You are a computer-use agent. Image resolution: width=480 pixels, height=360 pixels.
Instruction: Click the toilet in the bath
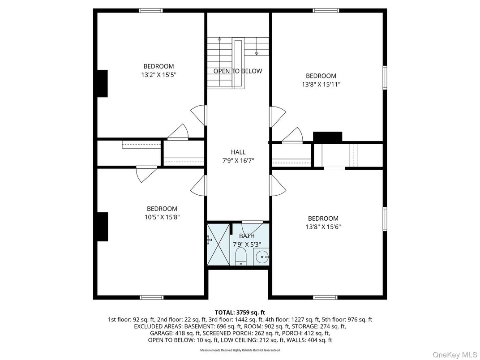pos(241,257)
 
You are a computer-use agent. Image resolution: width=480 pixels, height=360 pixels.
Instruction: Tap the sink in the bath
pos(262,257)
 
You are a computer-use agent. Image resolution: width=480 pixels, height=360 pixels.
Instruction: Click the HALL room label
pos(238,152)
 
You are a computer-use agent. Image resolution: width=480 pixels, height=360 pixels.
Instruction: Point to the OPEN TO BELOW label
pos(238,71)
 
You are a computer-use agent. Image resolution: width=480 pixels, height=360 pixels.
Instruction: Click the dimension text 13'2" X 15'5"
pos(159,75)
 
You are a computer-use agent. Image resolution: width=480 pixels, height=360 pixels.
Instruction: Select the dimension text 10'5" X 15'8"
pos(162,217)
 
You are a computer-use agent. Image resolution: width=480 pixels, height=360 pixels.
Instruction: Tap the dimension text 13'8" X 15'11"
pos(321,84)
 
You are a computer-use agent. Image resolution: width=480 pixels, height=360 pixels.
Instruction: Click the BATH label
pos(246,236)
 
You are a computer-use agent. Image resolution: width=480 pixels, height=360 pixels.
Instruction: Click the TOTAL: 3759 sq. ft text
pos(240,312)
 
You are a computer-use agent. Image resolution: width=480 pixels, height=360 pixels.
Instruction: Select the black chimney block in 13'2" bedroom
pos(103,83)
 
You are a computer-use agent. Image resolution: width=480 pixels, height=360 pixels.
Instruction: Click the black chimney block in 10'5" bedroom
pos(103,227)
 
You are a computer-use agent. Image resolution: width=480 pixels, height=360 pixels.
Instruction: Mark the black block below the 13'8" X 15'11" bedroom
pos(327,137)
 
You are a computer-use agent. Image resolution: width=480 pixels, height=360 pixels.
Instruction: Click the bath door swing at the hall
pos(252,226)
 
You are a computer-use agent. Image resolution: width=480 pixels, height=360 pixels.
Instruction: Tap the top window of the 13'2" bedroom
pos(151,10)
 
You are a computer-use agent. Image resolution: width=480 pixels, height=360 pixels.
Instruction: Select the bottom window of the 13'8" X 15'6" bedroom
pos(326,297)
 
